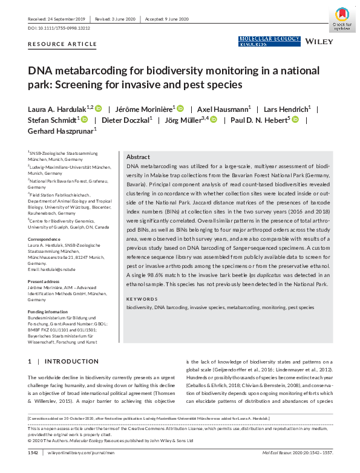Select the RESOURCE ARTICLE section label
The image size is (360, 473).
pyautogui.click(x=62, y=44)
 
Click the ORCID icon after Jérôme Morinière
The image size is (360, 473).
pyautogui.click(x=180, y=109)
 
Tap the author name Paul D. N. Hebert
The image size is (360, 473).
pyautogui.click(x=257, y=120)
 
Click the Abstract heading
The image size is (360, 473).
pyautogui.click(x=138, y=155)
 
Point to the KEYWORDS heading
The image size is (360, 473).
pyautogui.click(x=143, y=299)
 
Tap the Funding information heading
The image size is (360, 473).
pyautogui.click(x=47, y=312)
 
